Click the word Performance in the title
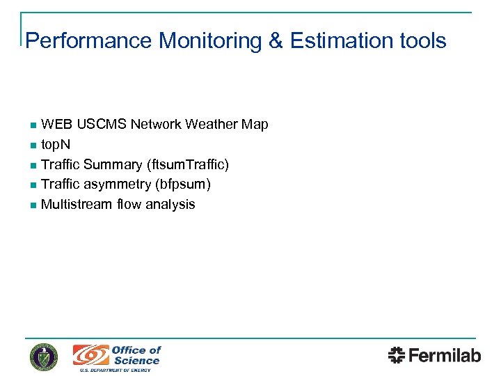click(x=88, y=41)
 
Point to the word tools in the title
click(x=423, y=41)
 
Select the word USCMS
click(x=102, y=125)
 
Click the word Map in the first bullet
click(x=254, y=125)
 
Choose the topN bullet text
click(x=56, y=145)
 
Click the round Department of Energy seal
click(x=44, y=357)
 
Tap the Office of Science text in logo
click(x=136, y=355)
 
